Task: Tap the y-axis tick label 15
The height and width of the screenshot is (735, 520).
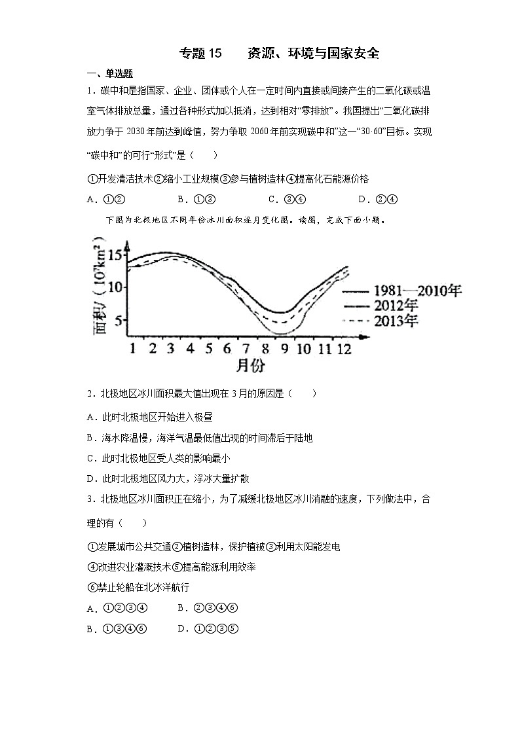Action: pyautogui.click(x=115, y=256)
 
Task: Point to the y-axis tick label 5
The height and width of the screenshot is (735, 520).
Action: pyautogui.click(x=119, y=321)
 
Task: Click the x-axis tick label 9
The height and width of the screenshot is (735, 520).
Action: pyautogui.click(x=284, y=348)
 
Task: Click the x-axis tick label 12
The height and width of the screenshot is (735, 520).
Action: pyautogui.click(x=344, y=348)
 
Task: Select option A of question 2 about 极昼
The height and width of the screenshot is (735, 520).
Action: pyautogui.click(x=149, y=416)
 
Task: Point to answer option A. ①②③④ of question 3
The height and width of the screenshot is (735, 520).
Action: pyautogui.click(x=117, y=608)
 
